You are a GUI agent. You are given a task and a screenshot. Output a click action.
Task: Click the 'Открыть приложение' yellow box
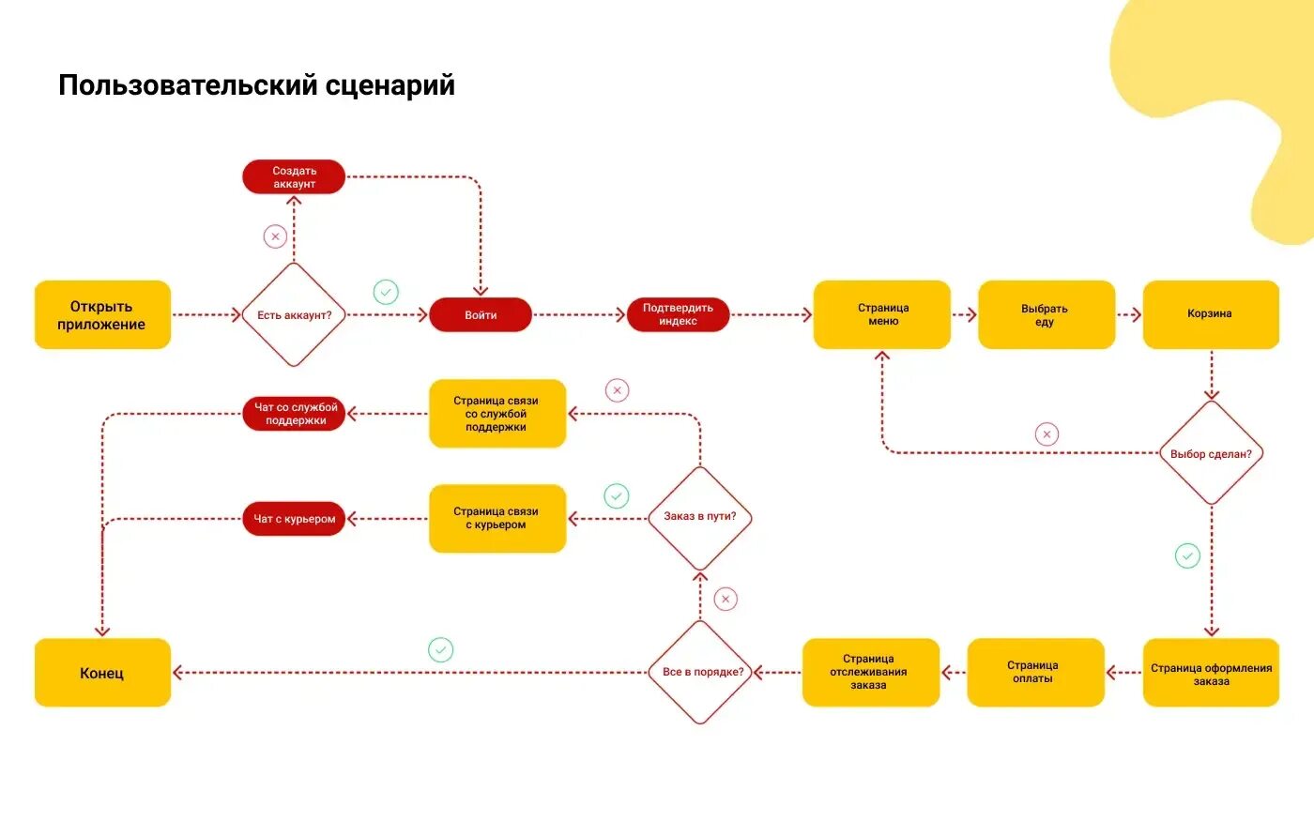pos(102,314)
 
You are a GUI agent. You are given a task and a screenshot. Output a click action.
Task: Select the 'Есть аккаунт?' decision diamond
pos(294,314)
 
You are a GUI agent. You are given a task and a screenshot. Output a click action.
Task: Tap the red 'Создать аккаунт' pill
pos(294,177)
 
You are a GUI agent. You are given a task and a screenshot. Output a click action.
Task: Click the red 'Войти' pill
pos(481,314)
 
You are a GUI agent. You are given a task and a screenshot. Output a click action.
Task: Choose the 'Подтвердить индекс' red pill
pos(678,314)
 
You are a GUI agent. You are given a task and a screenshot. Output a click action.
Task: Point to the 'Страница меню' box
pos(882,314)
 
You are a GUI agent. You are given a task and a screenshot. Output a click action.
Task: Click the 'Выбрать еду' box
pos(1046,314)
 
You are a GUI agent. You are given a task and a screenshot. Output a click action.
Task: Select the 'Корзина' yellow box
pos(1211,314)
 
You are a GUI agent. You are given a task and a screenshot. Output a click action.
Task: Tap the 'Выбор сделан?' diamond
pos(1211,453)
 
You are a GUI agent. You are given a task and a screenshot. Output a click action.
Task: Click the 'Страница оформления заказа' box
pos(1211,673)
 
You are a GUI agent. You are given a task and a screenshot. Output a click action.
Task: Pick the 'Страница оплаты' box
pos(1034,672)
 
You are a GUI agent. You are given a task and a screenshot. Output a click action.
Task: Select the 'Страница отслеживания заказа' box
pos(870,672)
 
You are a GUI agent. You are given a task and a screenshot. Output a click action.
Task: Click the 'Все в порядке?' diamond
pos(702,672)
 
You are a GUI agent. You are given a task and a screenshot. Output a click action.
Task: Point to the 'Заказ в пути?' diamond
pos(700,517)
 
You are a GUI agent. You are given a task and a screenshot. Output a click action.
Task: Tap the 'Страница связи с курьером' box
pos(497,518)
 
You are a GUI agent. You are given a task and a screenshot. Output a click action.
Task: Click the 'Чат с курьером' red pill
pos(294,519)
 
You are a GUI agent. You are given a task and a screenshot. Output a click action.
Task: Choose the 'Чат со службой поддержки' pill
pos(294,414)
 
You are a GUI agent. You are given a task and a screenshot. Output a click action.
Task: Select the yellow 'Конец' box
pos(102,673)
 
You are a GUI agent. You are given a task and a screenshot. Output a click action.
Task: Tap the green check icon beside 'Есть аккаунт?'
pos(386,292)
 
